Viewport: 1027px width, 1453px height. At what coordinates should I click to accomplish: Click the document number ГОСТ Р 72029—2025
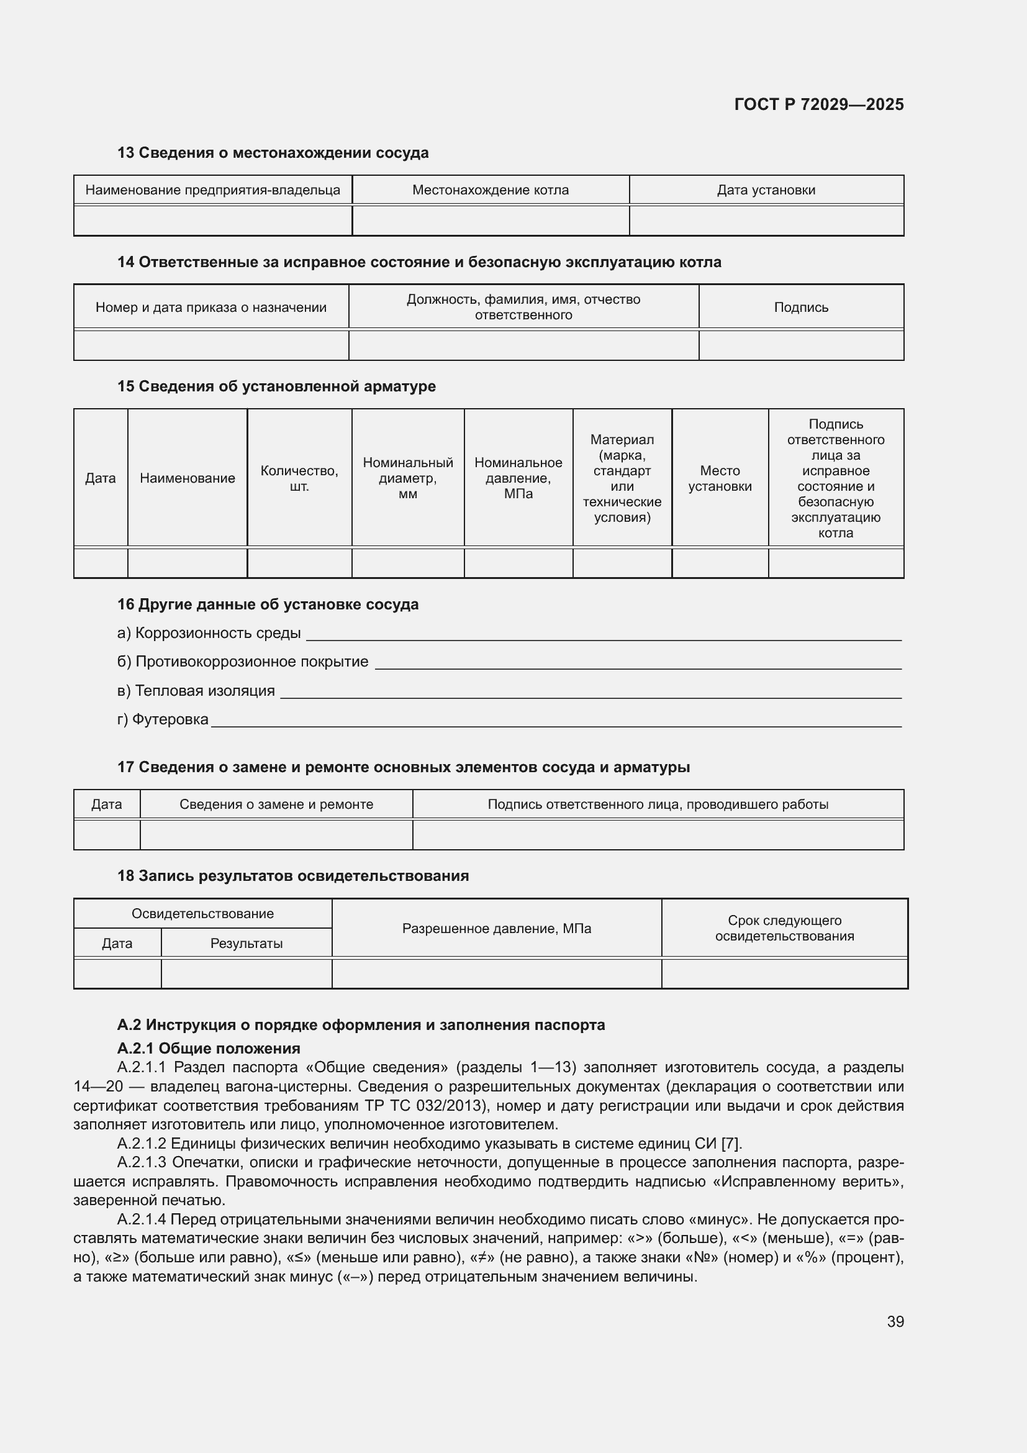click(x=819, y=104)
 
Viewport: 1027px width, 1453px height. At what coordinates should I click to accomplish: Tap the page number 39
click(x=895, y=1321)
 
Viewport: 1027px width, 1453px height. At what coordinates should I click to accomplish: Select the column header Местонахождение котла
click(x=490, y=190)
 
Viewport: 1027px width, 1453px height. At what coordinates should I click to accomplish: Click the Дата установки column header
click(x=766, y=190)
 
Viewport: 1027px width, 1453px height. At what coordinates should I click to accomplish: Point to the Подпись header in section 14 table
click(x=800, y=307)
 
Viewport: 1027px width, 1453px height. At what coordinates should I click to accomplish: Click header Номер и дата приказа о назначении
click(x=210, y=307)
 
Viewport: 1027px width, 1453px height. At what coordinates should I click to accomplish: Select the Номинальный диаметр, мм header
click(x=408, y=478)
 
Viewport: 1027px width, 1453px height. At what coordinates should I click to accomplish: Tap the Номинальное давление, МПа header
click(x=518, y=478)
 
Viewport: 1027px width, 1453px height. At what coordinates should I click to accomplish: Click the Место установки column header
click(x=720, y=478)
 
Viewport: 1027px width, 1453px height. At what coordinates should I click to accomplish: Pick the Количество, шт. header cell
click(x=299, y=478)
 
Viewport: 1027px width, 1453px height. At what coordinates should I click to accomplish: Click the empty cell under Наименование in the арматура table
click(x=187, y=563)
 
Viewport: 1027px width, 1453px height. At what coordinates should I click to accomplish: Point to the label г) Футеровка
click(x=163, y=719)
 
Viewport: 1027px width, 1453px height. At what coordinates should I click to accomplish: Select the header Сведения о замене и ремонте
click(x=276, y=804)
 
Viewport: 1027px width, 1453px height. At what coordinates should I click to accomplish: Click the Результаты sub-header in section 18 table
click(x=246, y=943)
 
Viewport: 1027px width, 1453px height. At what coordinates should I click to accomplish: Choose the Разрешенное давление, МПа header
click(x=497, y=928)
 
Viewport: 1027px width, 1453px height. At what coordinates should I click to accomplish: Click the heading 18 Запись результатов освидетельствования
click(x=293, y=876)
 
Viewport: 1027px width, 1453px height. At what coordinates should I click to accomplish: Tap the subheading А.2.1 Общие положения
click(x=209, y=1048)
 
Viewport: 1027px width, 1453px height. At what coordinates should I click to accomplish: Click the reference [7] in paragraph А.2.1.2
click(x=730, y=1144)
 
